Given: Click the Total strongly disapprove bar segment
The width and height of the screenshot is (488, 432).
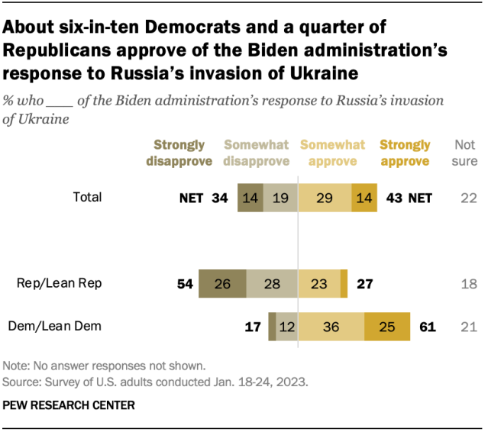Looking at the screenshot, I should click(250, 198).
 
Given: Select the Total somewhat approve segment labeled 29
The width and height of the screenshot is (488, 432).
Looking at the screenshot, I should click(325, 198).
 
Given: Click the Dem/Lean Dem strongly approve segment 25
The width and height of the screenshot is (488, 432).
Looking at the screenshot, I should click(387, 327).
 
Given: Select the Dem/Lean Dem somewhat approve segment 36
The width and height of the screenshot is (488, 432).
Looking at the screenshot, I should click(331, 327).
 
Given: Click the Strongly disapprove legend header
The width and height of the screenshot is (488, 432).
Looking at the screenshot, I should click(179, 153).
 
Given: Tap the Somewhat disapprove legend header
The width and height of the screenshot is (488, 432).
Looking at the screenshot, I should click(257, 153).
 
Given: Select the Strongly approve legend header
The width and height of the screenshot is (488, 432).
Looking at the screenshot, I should click(405, 153).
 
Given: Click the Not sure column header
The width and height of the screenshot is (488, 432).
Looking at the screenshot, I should click(466, 153).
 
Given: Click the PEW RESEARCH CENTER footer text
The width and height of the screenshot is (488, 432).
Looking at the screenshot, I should click(69, 405).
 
